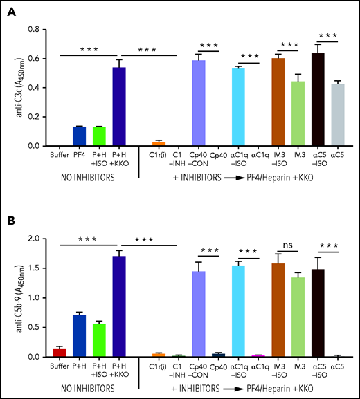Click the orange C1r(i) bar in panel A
pyautogui.click(x=159, y=143)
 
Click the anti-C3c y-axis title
pyautogui.click(x=13, y=86)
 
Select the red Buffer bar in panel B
pyautogui.click(x=60, y=353)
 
